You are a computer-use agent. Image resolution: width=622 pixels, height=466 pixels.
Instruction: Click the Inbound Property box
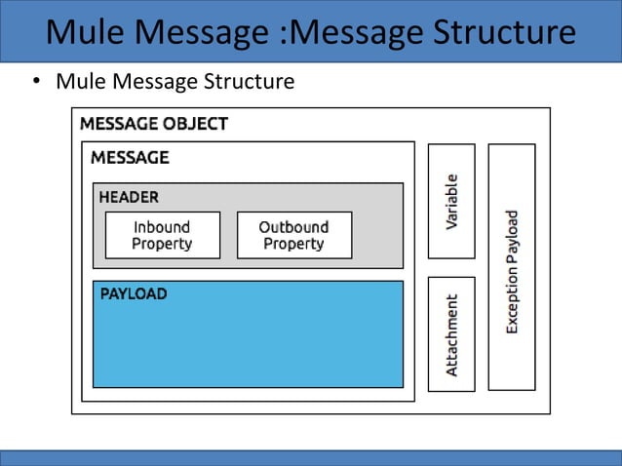point(162,235)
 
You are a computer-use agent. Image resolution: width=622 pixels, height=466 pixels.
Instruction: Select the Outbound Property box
point(293,235)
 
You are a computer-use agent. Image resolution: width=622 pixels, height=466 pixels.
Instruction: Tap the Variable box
point(451,201)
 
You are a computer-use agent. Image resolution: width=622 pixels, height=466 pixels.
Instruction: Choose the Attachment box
point(451,334)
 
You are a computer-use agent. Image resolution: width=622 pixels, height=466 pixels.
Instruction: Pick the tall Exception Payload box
point(512,267)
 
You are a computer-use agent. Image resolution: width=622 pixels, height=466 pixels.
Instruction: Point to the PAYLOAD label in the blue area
point(133,293)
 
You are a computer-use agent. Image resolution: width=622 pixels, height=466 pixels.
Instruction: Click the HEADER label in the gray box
point(129,197)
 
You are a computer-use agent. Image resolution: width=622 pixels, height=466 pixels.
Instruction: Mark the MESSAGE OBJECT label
point(154,124)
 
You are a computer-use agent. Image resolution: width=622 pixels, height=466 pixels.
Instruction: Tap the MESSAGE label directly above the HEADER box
point(130,157)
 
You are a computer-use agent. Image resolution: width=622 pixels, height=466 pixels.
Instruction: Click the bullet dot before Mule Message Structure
point(35,82)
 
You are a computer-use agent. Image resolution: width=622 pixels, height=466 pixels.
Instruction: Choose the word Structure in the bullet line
point(248,81)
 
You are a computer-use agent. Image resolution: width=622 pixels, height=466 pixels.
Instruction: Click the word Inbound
point(162,227)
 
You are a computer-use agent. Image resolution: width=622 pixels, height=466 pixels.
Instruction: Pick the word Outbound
point(293,227)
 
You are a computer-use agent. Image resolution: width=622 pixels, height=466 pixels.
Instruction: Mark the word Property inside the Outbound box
point(293,244)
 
